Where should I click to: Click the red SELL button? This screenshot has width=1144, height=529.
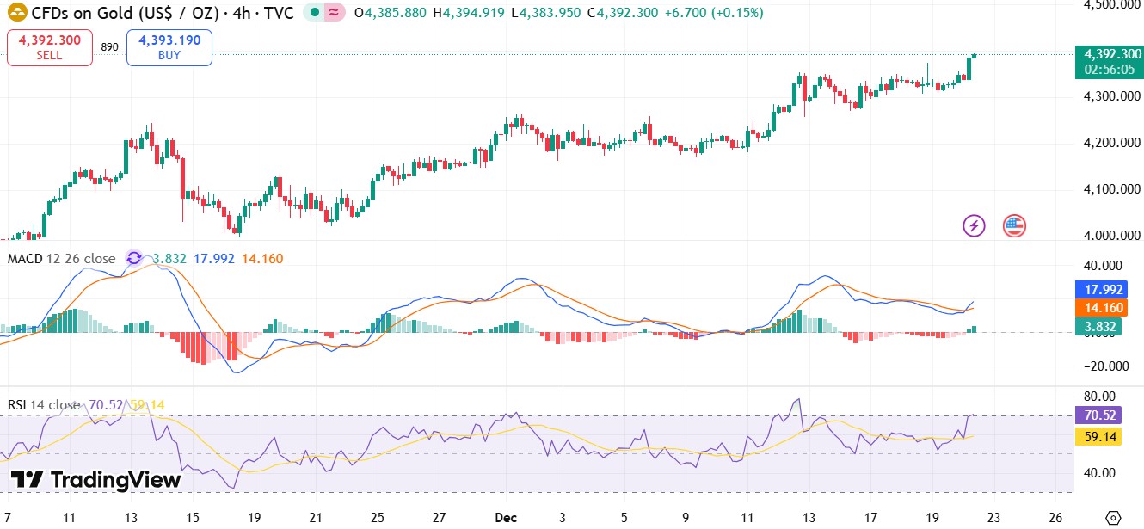(x=50, y=47)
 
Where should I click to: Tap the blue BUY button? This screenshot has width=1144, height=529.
(x=169, y=47)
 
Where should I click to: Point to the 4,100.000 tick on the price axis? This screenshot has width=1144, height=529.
(x=1111, y=188)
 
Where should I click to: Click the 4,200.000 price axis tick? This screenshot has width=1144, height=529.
(x=1111, y=143)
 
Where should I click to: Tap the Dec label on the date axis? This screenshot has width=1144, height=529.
(x=504, y=518)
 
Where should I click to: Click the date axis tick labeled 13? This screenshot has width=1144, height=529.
(x=132, y=518)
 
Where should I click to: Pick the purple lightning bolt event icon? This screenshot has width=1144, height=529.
(x=974, y=226)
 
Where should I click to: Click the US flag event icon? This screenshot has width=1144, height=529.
(x=1014, y=226)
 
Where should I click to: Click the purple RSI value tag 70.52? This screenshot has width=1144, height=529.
(x=1100, y=415)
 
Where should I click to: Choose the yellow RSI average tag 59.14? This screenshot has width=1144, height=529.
(x=1100, y=437)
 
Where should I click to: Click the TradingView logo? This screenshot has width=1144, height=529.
(x=95, y=480)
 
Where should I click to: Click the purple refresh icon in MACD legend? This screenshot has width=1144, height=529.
(x=134, y=258)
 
